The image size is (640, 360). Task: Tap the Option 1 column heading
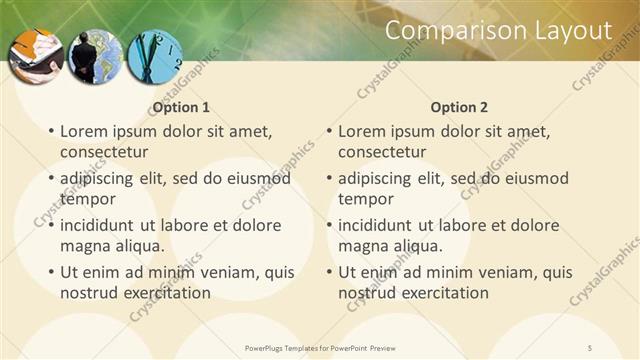click(181, 107)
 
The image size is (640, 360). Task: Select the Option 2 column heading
click(459, 107)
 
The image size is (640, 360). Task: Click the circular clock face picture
click(155, 56)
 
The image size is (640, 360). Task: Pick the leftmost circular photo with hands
click(37, 56)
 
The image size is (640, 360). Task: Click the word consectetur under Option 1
click(104, 153)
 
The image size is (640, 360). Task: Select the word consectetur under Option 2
click(382, 153)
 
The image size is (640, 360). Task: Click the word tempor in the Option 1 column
click(88, 200)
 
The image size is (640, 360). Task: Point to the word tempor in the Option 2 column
click(366, 200)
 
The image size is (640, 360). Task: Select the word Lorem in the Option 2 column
click(362, 131)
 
